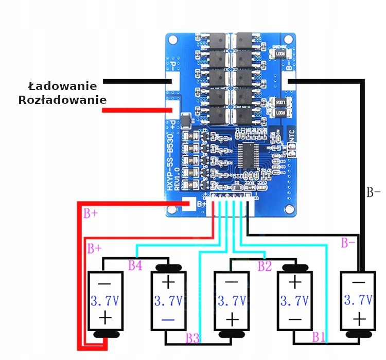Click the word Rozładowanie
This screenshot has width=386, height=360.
pos(62,100)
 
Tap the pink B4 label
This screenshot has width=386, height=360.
pos(135,266)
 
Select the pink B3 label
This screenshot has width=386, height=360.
pos(192,338)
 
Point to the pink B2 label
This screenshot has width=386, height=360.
pos(265,266)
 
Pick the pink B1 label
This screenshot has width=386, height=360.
pos(319,337)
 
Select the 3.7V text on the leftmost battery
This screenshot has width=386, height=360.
pos(106,300)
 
